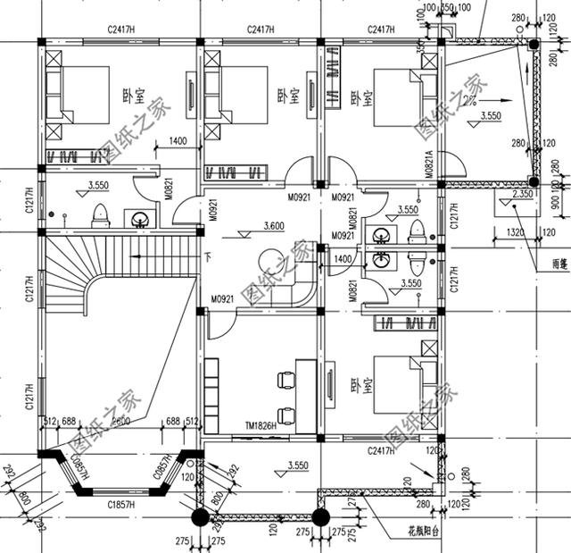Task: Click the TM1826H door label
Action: click(260, 425)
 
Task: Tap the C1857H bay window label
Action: click(121, 506)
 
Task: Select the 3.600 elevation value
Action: click(274, 226)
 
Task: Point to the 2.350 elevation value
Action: click(523, 194)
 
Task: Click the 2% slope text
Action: click(469, 100)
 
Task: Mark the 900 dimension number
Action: click(556, 203)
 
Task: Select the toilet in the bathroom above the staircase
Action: click(101, 214)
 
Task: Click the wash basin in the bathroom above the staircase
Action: click(138, 218)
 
